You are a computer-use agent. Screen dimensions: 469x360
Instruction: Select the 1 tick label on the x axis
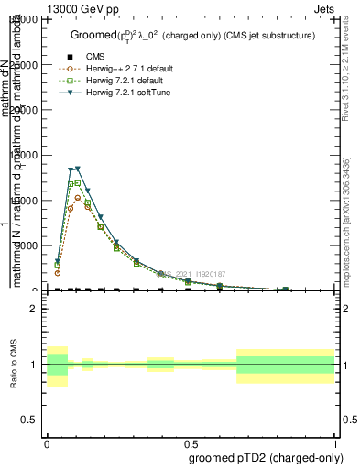tap(334, 442)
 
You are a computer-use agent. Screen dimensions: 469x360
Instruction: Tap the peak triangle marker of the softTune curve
tap(78, 169)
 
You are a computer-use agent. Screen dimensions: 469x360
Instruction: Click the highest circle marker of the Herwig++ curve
tap(78, 198)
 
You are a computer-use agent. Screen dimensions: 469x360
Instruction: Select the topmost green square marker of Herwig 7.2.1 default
tap(78, 182)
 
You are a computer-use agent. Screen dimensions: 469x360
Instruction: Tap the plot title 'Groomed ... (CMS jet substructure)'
tap(192, 35)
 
